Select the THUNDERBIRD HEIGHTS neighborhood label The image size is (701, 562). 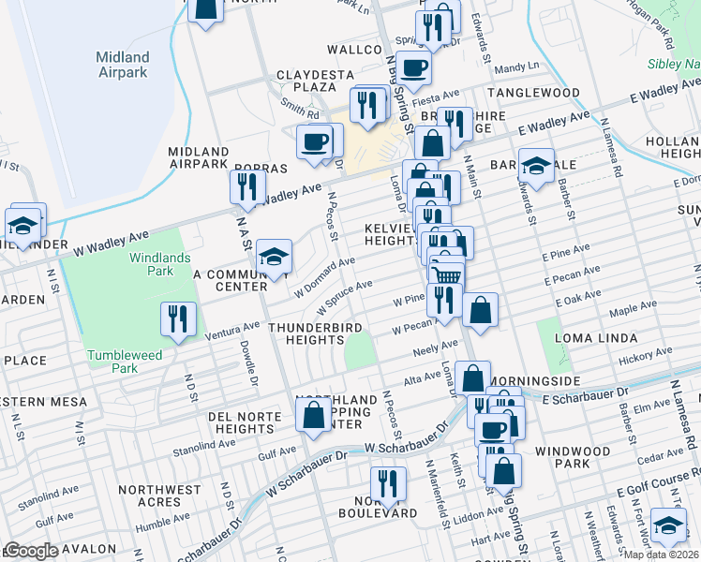click(x=306, y=333)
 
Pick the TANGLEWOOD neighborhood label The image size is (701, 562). click(x=544, y=93)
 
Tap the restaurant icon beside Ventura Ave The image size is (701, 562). click(x=175, y=319)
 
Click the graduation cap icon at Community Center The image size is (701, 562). click(x=274, y=258)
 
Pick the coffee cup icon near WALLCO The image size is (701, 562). click(x=413, y=67)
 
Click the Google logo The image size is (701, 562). click(x=31, y=551)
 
